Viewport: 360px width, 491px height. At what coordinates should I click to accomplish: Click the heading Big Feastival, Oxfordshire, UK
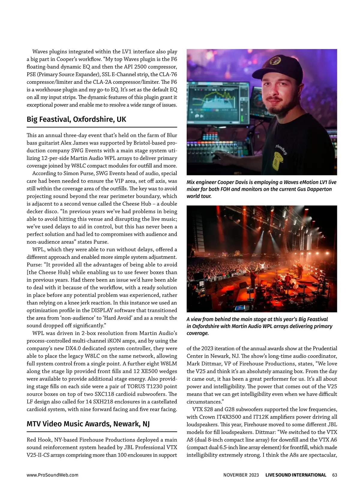click(x=76, y=119)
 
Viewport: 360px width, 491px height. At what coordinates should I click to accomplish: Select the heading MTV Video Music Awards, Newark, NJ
click(x=88, y=424)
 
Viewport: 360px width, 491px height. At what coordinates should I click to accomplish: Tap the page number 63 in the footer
click(x=334, y=475)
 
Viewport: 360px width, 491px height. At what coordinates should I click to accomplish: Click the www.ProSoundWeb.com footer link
click(x=52, y=475)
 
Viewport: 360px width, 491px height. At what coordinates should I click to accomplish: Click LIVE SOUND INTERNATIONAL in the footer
click(x=295, y=475)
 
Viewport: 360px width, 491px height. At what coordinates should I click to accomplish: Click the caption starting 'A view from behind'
click(x=259, y=326)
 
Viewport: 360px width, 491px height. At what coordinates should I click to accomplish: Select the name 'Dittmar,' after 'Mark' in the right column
click(x=211, y=364)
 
